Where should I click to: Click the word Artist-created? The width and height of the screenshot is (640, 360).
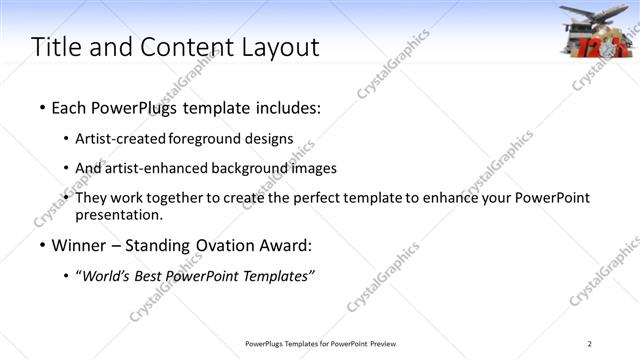click(x=121, y=138)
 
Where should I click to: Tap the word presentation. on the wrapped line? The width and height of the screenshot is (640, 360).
click(x=118, y=214)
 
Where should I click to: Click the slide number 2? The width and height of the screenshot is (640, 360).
click(x=589, y=345)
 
